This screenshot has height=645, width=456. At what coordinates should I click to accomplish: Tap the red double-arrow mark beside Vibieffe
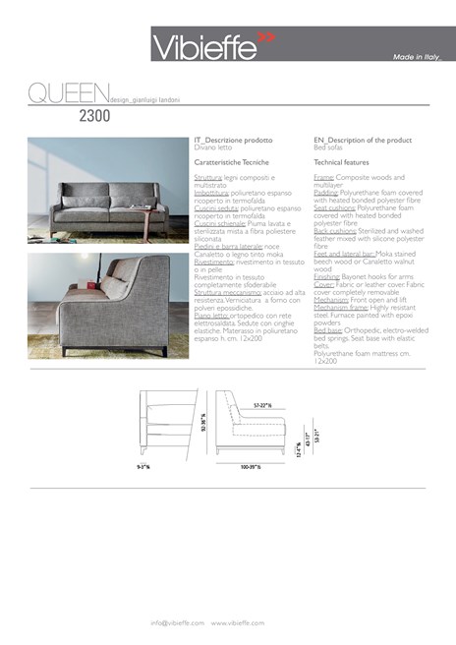266,38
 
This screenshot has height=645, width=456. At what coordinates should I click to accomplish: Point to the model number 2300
94,115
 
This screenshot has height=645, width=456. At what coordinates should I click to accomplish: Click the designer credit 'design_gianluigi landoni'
144,100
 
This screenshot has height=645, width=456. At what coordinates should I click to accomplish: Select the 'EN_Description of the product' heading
355,141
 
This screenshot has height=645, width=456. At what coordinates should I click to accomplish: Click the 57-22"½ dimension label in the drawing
261,404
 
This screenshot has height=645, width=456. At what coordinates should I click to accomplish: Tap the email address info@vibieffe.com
177,622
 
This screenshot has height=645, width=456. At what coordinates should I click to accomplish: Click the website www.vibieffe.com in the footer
239,622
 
